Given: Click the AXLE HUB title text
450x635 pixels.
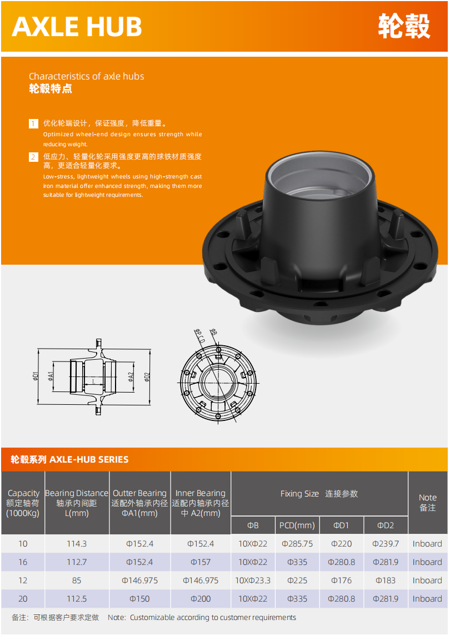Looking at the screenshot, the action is pyautogui.click(x=77, y=27).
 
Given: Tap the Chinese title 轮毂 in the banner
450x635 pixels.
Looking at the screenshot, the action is pyautogui.click(x=404, y=26).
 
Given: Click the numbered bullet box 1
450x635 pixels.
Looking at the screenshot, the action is pyautogui.click(x=33, y=123).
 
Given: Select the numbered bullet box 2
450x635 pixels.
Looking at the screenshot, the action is pyautogui.click(x=33, y=157).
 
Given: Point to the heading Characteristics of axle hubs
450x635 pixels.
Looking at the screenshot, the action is pyautogui.click(x=86, y=76).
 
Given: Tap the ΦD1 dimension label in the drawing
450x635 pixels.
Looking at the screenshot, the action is pyautogui.click(x=36, y=376).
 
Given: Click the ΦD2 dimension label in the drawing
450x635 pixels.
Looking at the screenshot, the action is pyautogui.click(x=147, y=377).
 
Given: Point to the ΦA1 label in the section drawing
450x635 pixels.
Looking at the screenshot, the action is pyautogui.click(x=51, y=376).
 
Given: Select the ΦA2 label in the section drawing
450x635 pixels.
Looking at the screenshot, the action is pyautogui.click(x=131, y=377).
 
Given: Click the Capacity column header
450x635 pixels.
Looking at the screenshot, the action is pyautogui.click(x=23, y=503).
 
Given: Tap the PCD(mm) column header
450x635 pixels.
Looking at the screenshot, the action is pyautogui.click(x=297, y=525).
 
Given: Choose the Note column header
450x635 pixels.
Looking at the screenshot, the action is pyautogui.click(x=428, y=503).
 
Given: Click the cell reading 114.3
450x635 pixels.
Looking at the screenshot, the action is pyautogui.click(x=77, y=544).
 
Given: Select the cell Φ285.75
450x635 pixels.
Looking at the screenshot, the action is pyautogui.click(x=297, y=544).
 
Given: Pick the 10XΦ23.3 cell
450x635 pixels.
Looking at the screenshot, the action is pyautogui.click(x=253, y=581).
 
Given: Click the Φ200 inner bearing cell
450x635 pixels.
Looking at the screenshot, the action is pyautogui.click(x=201, y=598).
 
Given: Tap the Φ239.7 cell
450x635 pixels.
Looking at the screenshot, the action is pyautogui.click(x=385, y=544).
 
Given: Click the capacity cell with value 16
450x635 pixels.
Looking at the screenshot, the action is pyautogui.click(x=23, y=562).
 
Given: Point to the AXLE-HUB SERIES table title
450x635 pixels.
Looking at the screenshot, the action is pyautogui.click(x=69, y=460).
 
